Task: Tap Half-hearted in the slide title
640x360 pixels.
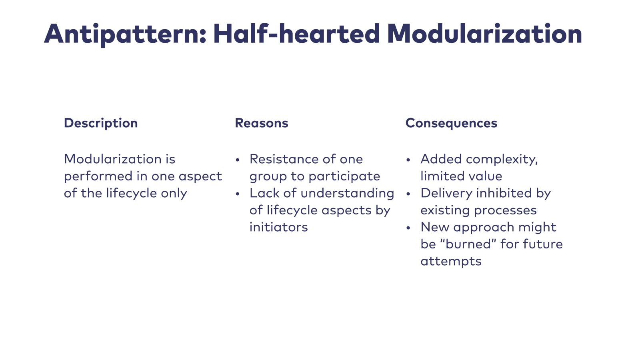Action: (x=296, y=34)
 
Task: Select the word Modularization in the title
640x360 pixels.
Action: (x=484, y=34)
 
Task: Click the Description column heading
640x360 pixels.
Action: (x=101, y=124)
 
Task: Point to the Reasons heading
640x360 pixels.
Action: (x=262, y=123)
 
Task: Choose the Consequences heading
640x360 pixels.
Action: (x=451, y=124)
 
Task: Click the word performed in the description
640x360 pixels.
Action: (x=98, y=176)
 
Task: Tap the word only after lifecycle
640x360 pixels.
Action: (x=174, y=194)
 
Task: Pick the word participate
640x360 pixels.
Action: (x=344, y=176)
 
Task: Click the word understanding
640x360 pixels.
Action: (x=348, y=194)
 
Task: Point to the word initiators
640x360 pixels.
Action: (x=278, y=227)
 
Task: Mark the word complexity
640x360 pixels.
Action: (x=502, y=160)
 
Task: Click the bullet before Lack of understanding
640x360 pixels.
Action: (x=238, y=194)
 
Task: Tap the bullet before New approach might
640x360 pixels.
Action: (x=408, y=228)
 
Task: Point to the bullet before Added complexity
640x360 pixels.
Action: (x=408, y=160)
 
